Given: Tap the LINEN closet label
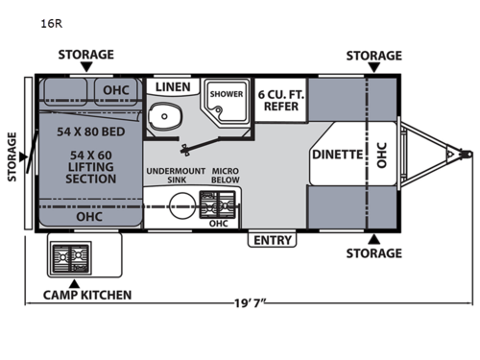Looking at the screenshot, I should point(172,87).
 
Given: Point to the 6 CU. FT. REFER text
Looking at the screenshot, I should point(280,101).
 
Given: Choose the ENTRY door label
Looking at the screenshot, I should point(272,240).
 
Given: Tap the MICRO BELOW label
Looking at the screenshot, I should point(225,176).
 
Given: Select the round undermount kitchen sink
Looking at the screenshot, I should point(180,204).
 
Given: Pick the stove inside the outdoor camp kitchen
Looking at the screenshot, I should point(71,255).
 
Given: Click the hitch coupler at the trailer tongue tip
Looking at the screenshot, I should point(468,153).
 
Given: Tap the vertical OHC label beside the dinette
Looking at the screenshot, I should point(381,153).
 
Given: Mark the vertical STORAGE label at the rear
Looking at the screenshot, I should point(12,154).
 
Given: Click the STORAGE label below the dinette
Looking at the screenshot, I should point(373,253).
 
